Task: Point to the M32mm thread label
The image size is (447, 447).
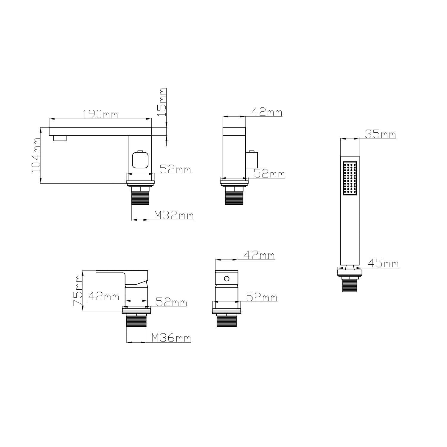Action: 174,215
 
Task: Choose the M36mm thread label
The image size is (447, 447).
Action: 171,338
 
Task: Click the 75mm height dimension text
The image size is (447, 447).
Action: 78,291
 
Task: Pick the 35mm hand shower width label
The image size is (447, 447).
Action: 381,134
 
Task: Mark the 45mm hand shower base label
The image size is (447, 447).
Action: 383,263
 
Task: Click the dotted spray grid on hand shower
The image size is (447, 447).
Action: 350,179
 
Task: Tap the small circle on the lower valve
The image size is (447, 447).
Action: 226,279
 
